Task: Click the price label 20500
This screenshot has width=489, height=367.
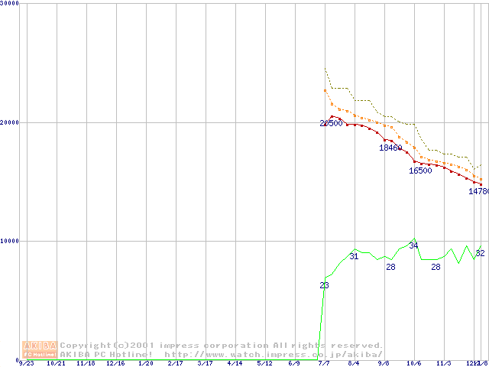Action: (332, 123)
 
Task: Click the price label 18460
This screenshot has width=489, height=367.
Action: (390, 148)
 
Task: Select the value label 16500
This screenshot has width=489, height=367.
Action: (420, 171)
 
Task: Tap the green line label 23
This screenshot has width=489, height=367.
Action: (324, 285)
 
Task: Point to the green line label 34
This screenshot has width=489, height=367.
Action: (413, 245)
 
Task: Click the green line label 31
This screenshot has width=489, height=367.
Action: (354, 257)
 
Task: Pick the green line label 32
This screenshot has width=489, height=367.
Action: (480, 253)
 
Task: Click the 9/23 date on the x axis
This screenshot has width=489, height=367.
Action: (26, 364)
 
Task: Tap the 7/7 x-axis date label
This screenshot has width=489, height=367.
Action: (324, 364)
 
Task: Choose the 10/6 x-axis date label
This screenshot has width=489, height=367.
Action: (413, 364)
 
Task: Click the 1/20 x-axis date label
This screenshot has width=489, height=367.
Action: (145, 364)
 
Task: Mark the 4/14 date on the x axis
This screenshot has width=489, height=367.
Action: (235, 364)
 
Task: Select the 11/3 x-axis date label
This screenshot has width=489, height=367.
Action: (443, 364)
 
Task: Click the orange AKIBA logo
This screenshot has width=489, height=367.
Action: (40, 349)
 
